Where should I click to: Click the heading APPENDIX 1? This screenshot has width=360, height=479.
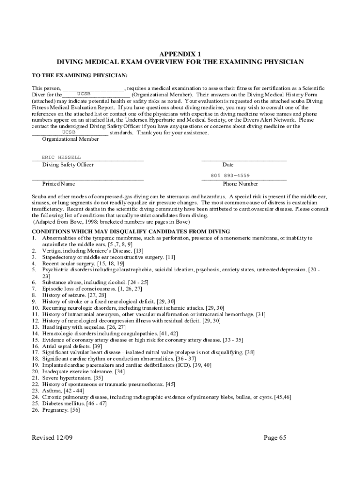(180, 54)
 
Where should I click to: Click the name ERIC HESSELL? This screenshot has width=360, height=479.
(61, 157)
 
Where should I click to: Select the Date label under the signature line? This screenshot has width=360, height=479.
(228, 165)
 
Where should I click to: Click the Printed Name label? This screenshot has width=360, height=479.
(58, 184)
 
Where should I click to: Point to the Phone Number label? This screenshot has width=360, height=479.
(240, 184)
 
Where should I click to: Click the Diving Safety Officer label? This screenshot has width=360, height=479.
(68, 165)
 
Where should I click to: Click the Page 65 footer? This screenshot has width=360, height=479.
(274, 438)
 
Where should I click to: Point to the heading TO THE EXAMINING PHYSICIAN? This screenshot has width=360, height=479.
(79, 75)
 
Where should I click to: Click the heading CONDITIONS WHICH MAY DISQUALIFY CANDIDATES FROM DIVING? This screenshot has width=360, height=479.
(130, 232)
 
